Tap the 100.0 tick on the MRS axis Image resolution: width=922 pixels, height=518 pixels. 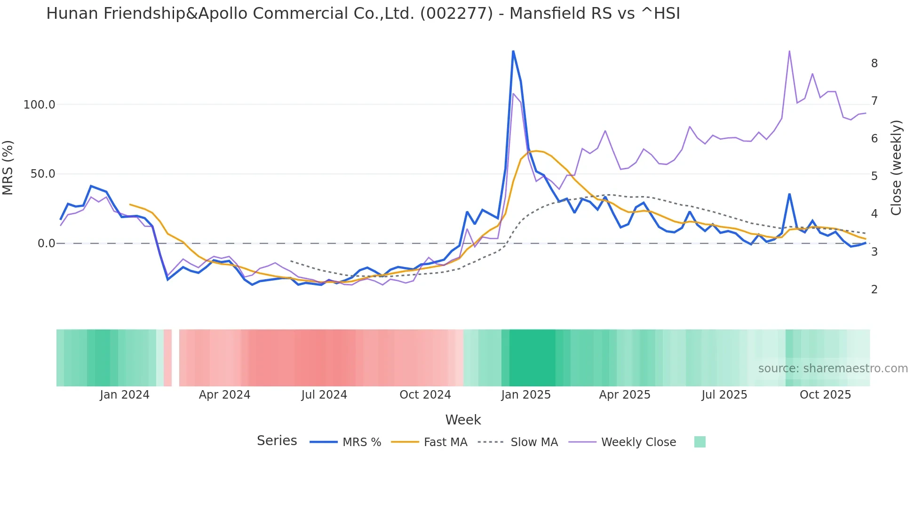(x=39, y=105)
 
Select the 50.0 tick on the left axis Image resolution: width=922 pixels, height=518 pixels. (x=42, y=174)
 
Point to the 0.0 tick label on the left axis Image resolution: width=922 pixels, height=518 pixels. (x=46, y=243)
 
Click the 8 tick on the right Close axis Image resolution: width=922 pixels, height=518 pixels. (x=874, y=63)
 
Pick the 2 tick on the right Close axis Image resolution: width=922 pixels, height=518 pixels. (x=874, y=290)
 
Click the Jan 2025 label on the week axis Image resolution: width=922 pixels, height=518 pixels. (x=525, y=395)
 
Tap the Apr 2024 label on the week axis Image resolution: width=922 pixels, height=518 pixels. (x=224, y=395)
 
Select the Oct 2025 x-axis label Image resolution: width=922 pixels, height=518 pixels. (x=825, y=395)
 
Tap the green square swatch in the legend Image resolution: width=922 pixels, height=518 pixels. (x=699, y=442)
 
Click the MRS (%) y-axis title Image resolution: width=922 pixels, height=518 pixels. (x=8, y=168)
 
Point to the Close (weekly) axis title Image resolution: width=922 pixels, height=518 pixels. (x=896, y=168)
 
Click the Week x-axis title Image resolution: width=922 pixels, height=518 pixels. (x=463, y=420)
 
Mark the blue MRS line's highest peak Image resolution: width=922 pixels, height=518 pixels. (x=513, y=51)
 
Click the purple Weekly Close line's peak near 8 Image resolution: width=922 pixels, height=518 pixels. (x=789, y=51)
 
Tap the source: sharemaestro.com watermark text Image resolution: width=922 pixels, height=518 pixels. (x=833, y=369)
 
